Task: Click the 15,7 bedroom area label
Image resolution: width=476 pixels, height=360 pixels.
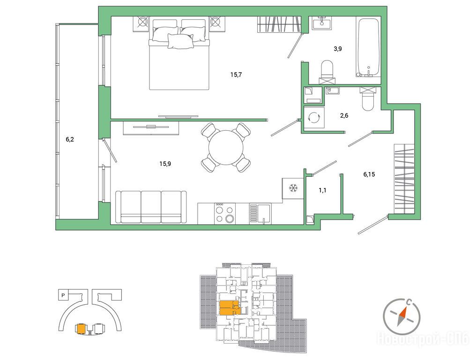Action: click(236, 75)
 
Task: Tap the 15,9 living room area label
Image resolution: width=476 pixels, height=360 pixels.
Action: click(165, 164)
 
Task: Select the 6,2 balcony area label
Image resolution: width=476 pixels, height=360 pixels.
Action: click(70, 140)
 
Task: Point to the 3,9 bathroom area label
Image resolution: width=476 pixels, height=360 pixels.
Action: click(338, 48)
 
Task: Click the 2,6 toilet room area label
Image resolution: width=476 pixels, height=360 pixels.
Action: click(344, 115)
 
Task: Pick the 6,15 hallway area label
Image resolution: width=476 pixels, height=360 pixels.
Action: click(369, 174)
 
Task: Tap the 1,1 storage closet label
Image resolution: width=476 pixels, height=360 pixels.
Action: click(322, 190)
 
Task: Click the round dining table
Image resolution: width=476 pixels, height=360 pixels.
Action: click(226, 148)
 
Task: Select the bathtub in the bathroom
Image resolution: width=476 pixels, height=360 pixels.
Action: click(368, 47)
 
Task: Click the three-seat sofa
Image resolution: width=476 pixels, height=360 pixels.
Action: click(151, 208)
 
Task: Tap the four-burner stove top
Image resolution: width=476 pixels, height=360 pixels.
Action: click(225, 214)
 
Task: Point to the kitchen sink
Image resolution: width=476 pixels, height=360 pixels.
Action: click(260, 214)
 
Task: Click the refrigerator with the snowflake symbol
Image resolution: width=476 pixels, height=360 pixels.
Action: click(293, 188)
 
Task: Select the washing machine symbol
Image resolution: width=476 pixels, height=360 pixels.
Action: click(314, 118)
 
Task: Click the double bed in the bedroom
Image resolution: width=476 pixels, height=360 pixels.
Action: click(179, 55)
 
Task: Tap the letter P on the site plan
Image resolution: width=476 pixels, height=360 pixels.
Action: click(63, 295)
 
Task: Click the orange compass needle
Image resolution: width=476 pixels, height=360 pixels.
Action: click(402, 316)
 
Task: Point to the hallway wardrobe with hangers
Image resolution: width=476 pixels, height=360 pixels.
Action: click(404, 179)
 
